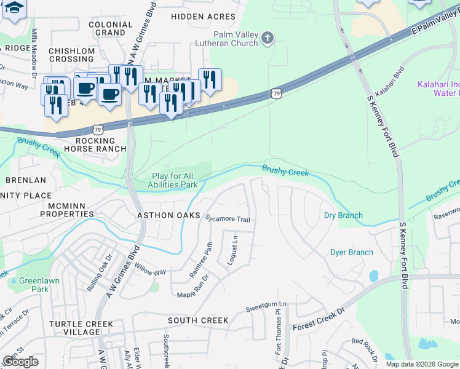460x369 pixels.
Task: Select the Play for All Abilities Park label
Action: [175, 180]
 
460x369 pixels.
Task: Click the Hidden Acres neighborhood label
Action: [203, 17]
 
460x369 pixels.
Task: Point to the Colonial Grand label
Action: [111, 28]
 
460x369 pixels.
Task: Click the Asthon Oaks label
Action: [169, 215]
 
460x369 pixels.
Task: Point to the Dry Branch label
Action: [343, 215]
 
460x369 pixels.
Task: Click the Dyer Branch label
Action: [352, 252]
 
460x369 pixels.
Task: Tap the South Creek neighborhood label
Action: [198, 320]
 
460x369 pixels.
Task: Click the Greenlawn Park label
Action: [33, 285]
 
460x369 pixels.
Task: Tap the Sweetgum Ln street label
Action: [266, 305]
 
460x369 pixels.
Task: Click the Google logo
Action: [20, 362]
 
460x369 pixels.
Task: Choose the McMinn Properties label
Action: [67, 210]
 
